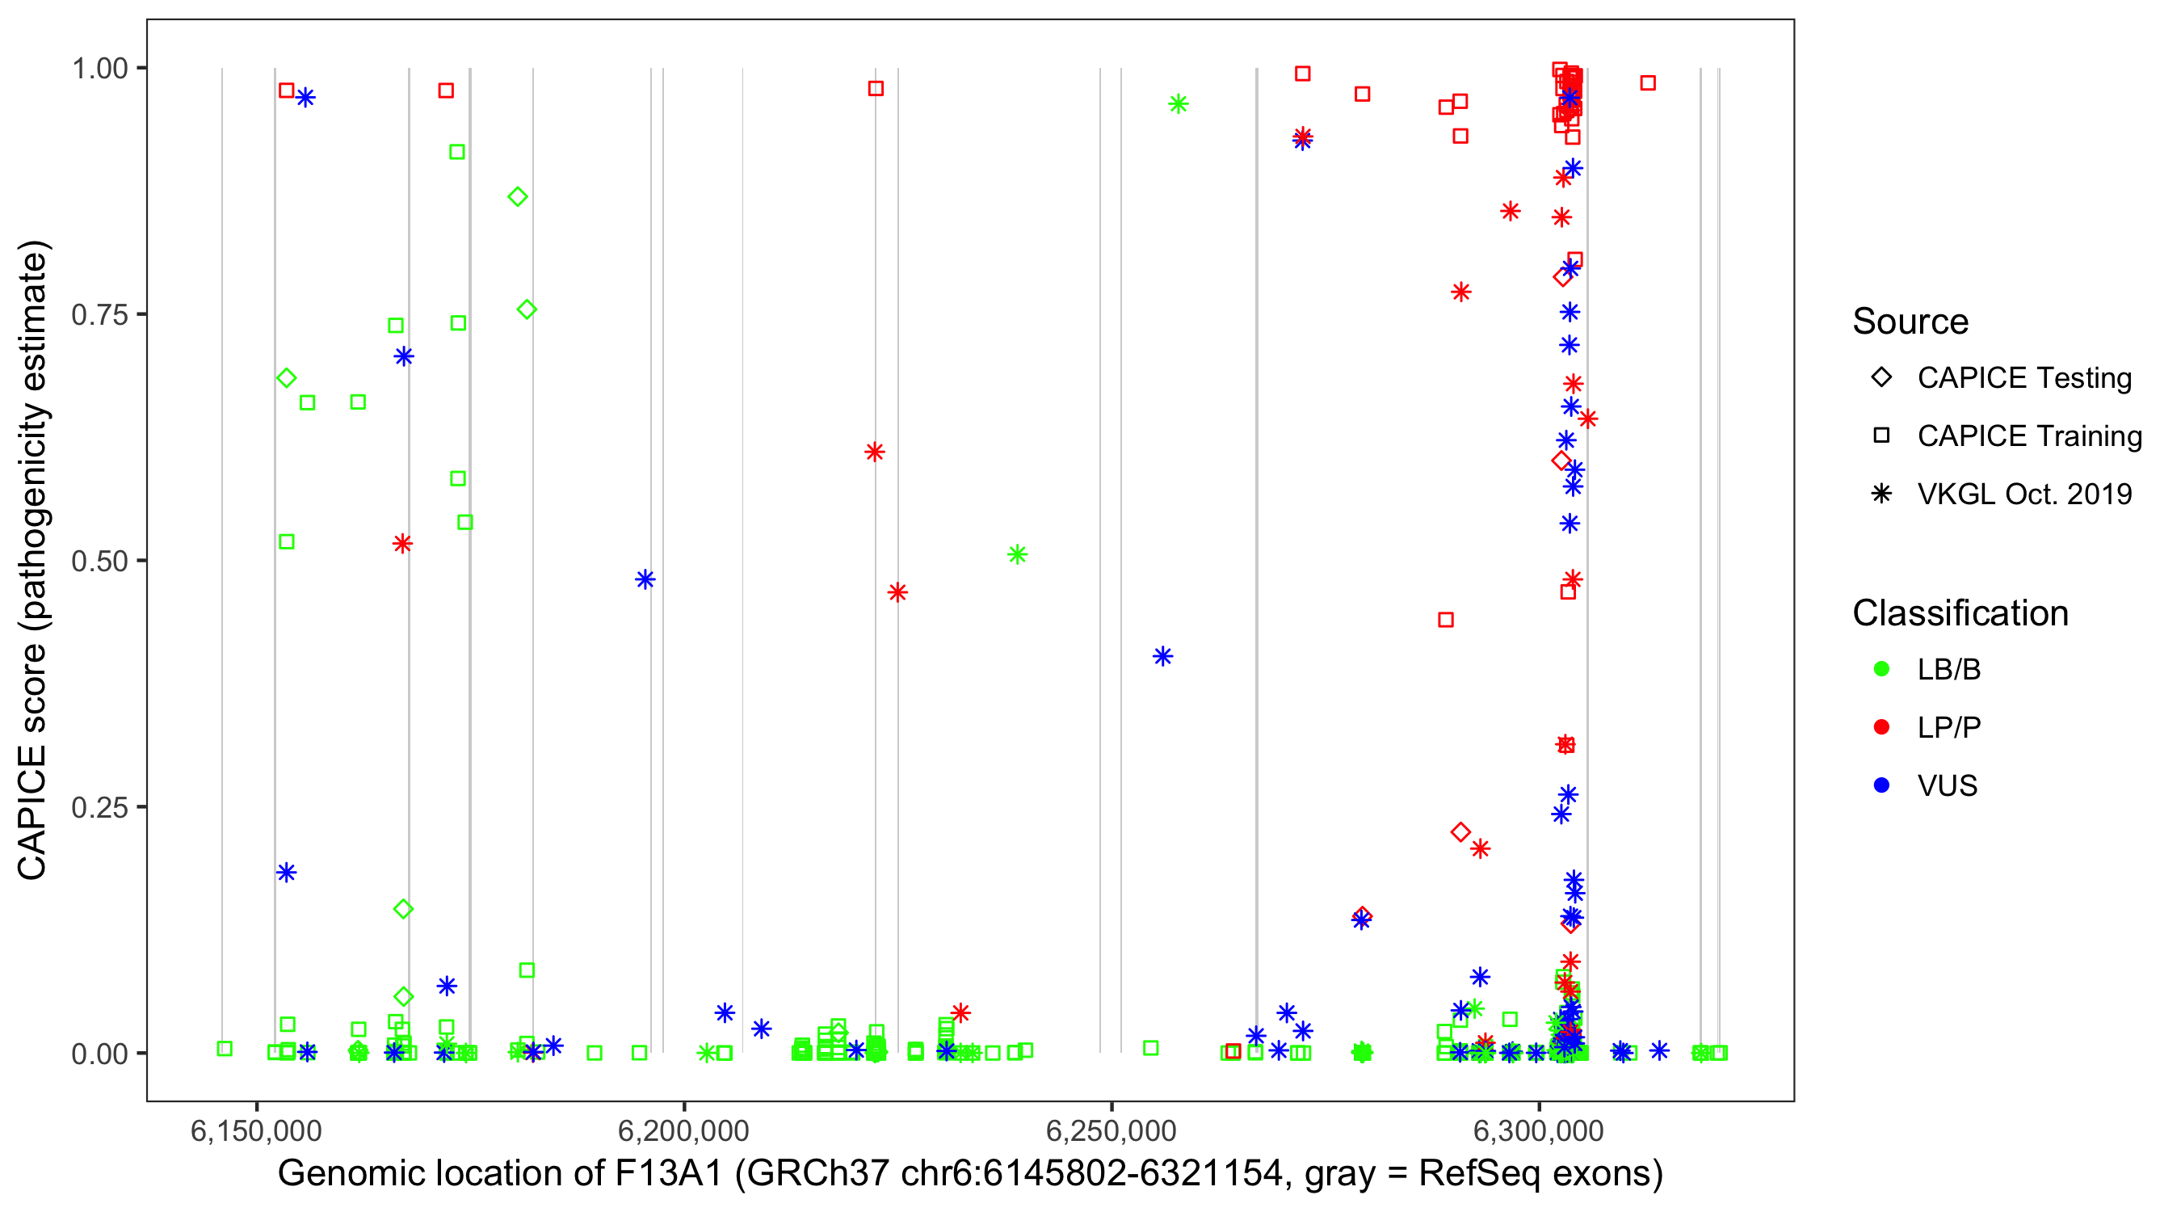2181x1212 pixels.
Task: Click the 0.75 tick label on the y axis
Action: tap(99, 315)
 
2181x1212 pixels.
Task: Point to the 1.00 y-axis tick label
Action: tap(99, 69)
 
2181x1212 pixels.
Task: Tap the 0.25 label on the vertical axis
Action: tap(99, 807)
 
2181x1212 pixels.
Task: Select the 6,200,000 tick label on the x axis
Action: tap(683, 1130)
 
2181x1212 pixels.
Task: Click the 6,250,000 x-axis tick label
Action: tap(1111, 1130)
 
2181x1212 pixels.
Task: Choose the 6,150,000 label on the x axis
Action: tap(256, 1130)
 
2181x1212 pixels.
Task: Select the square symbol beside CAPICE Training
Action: tap(1881, 436)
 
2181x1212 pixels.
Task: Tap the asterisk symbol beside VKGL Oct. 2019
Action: tap(1881, 494)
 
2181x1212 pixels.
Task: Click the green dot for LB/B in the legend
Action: tap(1881, 669)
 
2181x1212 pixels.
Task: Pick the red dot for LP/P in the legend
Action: tap(1881, 727)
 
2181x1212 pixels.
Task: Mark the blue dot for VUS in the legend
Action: tap(1881, 785)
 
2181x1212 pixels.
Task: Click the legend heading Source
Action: tap(1910, 322)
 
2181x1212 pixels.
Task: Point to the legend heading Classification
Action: tap(1960, 613)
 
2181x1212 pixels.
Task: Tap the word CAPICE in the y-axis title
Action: tap(32, 812)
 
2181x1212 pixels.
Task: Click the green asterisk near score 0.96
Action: tap(1178, 104)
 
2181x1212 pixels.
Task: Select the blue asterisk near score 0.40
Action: tap(1162, 656)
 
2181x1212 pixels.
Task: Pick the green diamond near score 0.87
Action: tap(517, 196)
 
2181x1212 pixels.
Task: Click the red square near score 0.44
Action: tap(1446, 620)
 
